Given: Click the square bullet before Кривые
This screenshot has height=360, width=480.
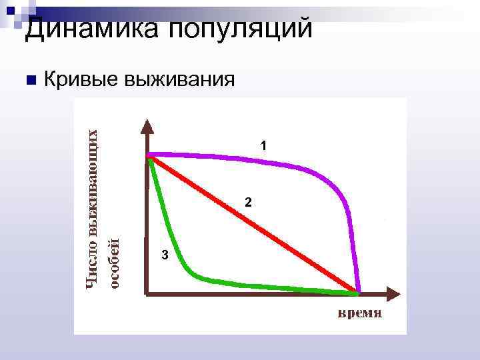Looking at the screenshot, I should [x=29, y=80].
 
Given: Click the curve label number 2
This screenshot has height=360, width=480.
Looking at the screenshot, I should [x=247, y=202].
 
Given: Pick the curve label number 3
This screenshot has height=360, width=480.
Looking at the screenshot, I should [x=165, y=255].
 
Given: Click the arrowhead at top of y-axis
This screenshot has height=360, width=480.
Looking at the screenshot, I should [x=147, y=125].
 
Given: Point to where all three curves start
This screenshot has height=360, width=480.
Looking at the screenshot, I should [x=149, y=156].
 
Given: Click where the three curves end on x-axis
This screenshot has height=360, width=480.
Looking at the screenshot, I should [x=358, y=292].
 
